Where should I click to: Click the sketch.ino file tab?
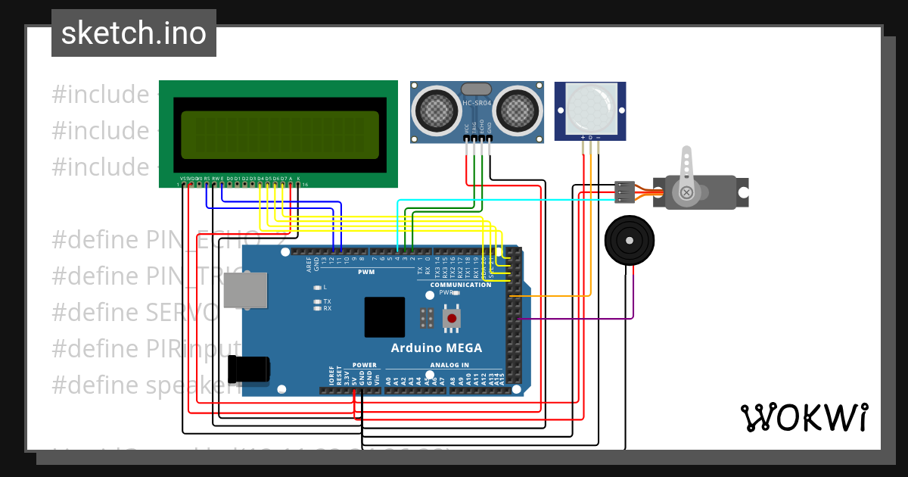(x=134, y=33)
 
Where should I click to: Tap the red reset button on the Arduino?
(x=452, y=318)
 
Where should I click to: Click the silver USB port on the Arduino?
(x=245, y=291)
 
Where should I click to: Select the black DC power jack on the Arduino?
(x=249, y=369)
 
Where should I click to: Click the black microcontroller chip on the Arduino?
(x=384, y=316)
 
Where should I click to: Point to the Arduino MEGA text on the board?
(x=436, y=348)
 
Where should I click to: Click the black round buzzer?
(x=628, y=240)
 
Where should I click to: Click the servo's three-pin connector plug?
(x=624, y=192)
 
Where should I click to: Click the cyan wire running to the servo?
(x=530, y=201)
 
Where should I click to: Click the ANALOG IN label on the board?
(x=449, y=365)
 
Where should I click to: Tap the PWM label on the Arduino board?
(x=366, y=271)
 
